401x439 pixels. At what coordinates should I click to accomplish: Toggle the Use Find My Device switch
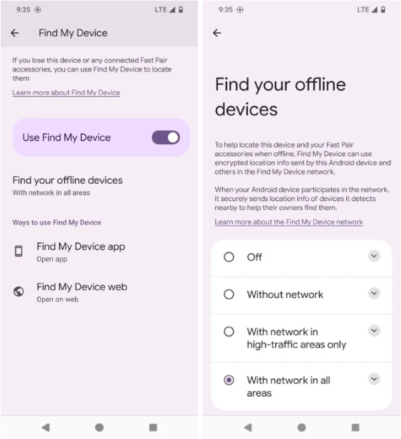tap(165, 138)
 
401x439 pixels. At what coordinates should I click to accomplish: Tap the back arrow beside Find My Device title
tap(15, 33)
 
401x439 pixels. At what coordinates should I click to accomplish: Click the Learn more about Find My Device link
tap(66, 93)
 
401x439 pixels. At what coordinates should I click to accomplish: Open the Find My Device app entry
tap(80, 251)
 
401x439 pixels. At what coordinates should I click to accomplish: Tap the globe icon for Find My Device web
tap(19, 291)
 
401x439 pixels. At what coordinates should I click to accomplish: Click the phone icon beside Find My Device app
tap(19, 251)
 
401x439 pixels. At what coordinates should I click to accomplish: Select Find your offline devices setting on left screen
tap(68, 185)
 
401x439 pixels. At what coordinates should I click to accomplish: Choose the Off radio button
tap(229, 257)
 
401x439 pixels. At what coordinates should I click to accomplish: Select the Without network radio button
tap(229, 294)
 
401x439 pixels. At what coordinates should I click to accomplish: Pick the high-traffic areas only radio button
tap(229, 331)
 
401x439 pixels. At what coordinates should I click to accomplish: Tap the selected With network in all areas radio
tap(229, 380)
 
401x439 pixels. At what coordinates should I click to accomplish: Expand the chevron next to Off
tap(374, 256)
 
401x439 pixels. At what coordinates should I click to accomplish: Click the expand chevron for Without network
tap(374, 293)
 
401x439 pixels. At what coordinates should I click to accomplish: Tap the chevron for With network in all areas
tap(374, 379)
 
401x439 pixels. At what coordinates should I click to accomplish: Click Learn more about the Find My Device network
tap(289, 222)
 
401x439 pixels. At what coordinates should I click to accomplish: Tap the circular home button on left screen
tap(99, 427)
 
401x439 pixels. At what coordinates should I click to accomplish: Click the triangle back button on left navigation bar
tap(45, 427)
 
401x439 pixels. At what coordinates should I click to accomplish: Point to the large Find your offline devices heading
tap(280, 96)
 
